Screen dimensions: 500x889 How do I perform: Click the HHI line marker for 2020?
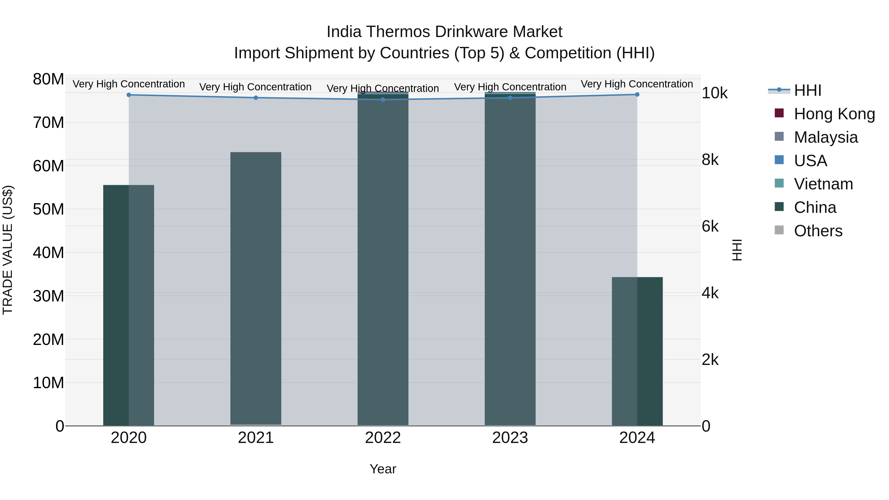coord(129,95)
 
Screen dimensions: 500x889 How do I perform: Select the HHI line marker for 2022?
coord(383,100)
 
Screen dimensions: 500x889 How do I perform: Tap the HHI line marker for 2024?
coord(637,95)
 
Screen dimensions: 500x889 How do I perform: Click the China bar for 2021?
coord(256,288)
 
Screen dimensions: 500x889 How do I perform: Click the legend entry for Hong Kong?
coord(834,114)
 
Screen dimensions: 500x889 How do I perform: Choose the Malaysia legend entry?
coord(826,137)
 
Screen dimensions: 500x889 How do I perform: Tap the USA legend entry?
coord(810,161)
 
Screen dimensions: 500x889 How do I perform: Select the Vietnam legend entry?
coord(823,184)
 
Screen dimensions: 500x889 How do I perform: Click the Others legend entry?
coord(818,231)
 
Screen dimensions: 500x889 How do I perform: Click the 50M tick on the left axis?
coord(48,209)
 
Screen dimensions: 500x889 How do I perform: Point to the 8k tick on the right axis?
coord(710,160)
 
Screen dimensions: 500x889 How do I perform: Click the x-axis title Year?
coord(383,469)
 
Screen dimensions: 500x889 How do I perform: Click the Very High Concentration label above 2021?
coord(255,87)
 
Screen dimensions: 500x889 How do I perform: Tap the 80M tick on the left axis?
coord(48,79)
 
